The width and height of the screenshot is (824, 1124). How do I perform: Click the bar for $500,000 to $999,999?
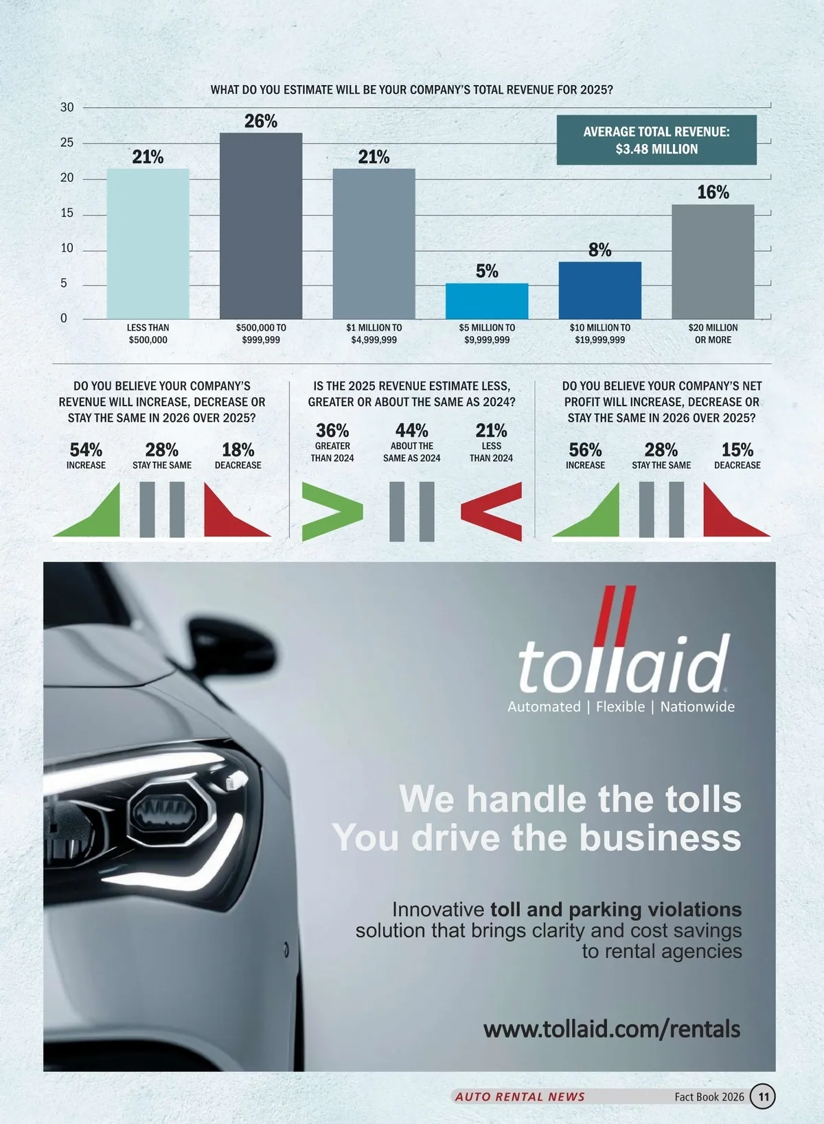pyautogui.click(x=261, y=226)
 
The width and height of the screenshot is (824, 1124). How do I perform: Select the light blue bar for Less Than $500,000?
pyautogui.click(x=148, y=244)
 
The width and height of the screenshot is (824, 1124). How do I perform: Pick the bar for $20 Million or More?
pyautogui.click(x=713, y=261)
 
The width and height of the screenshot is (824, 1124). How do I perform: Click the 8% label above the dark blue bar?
pyautogui.click(x=599, y=250)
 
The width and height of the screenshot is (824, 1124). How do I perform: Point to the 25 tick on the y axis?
pyautogui.click(x=67, y=143)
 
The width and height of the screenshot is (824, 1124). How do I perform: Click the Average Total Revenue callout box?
pyautogui.click(x=656, y=140)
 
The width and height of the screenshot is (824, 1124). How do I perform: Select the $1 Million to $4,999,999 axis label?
pyautogui.click(x=374, y=333)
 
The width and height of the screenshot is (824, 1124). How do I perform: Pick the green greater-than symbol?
pyautogui.click(x=332, y=511)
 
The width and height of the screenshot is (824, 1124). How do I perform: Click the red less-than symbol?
pyautogui.click(x=492, y=511)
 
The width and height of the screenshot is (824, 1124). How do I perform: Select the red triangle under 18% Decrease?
pyautogui.click(x=230, y=515)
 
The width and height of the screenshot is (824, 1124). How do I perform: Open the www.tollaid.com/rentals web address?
pyautogui.click(x=612, y=1029)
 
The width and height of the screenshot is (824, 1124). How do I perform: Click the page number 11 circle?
pyautogui.click(x=763, y=1097)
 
